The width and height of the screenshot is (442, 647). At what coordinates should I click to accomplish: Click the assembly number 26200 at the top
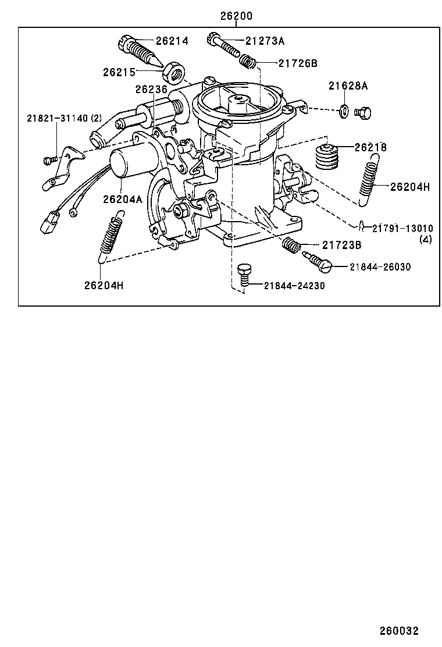(x=236, y=16)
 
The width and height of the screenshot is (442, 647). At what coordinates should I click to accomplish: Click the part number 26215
(x=119, y=72)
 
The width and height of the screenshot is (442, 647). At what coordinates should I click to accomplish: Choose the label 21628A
(x=348, y=86)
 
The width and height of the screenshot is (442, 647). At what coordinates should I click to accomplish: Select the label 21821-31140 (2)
(x=64, y=118)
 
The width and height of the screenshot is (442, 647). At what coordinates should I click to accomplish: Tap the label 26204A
(x=123, y=199)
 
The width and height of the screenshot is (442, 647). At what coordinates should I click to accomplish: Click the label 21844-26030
(x=380, y=266)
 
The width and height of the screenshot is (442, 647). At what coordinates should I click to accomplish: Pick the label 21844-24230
(x=294, y=285)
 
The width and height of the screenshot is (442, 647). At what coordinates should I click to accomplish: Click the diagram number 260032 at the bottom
(x=400, y=631)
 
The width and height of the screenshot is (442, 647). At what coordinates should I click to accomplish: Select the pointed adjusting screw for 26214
(x=140, y=51)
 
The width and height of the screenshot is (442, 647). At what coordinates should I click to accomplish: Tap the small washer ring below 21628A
(x=344, y=110)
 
